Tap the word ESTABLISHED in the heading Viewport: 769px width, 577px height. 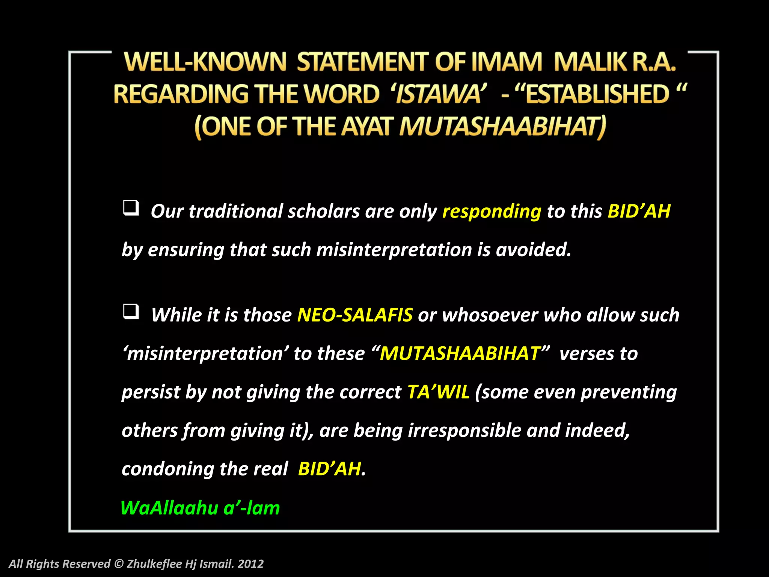[597, 94]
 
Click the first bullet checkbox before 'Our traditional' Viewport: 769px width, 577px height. [131, 208]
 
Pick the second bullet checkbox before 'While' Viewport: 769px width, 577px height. [131, 311]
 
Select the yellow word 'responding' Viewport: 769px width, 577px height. [492, 211]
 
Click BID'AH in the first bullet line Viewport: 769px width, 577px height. [639, 211]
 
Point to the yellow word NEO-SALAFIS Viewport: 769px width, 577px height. [355, 315]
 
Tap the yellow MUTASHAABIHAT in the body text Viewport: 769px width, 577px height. [460, 353]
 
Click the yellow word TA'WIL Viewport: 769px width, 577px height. [438, 392]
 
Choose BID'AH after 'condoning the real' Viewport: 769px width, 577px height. [329, 469]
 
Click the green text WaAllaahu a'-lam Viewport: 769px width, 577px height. [200, 508]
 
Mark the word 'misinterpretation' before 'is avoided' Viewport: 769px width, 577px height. [394, 250]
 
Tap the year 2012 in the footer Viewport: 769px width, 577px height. [250, 563]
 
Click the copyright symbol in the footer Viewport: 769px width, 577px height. [118, 563]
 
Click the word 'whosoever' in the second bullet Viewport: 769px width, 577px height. [490, 315]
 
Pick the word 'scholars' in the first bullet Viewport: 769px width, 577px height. [324, 211]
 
